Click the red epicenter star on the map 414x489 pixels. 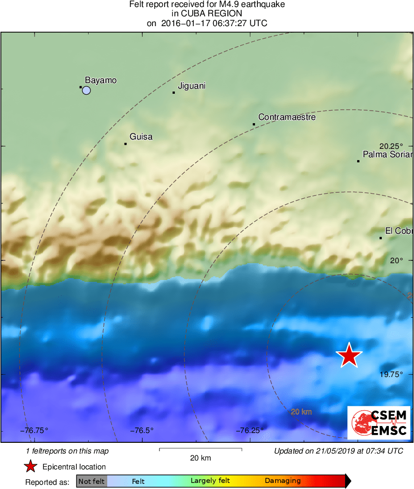(x=349, y=356)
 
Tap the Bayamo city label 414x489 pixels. (x=101, y=80)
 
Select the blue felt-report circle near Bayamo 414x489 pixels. (x=86, y=91)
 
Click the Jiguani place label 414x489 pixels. (x=192, y=86)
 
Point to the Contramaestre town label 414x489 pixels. (x=287, y=117)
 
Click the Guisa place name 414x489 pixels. (x=141, y=137)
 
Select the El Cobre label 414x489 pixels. (x=399, y=231)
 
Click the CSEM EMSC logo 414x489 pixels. (x=379, y=422)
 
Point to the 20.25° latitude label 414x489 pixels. (x=391, y=146)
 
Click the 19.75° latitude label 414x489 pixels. (x=391, y=374)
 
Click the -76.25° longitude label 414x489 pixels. (x=249, y=430)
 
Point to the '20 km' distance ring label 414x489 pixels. (x=301, y=412)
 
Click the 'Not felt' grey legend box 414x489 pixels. (x=91, y=481)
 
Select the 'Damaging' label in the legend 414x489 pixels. (x=283, y=481)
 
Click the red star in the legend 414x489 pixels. (x=30, y=467)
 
